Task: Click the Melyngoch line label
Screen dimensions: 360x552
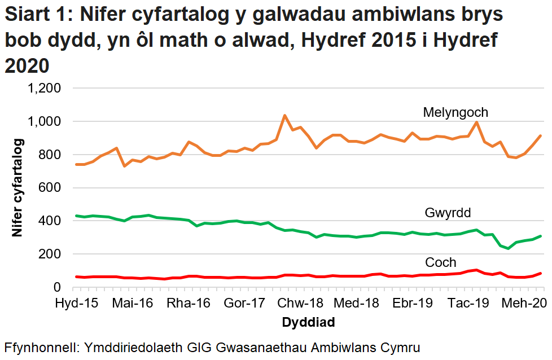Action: click(455, 112)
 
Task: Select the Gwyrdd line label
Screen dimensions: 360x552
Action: click(448, 213)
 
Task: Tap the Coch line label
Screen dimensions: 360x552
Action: click(440, 262)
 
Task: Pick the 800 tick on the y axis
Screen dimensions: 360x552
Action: click(49, 155)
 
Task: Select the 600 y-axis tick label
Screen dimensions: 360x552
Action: click(49, 188)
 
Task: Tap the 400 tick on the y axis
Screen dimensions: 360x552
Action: click(49, 221)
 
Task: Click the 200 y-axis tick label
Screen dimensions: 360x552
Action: click(49, 254)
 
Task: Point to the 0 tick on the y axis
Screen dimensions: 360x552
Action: click(57, 288)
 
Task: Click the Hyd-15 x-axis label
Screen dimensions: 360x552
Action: click(76, 303)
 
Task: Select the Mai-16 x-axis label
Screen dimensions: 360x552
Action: click(133, 303)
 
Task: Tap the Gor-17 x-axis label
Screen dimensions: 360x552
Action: click(244, 303)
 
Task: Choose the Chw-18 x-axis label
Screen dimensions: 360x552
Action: click(301, 303)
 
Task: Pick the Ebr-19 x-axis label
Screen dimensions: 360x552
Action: click(413, 303)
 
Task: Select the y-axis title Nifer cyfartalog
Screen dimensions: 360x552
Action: click(17, 187)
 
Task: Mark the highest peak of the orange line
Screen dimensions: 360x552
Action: click(284, 116)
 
